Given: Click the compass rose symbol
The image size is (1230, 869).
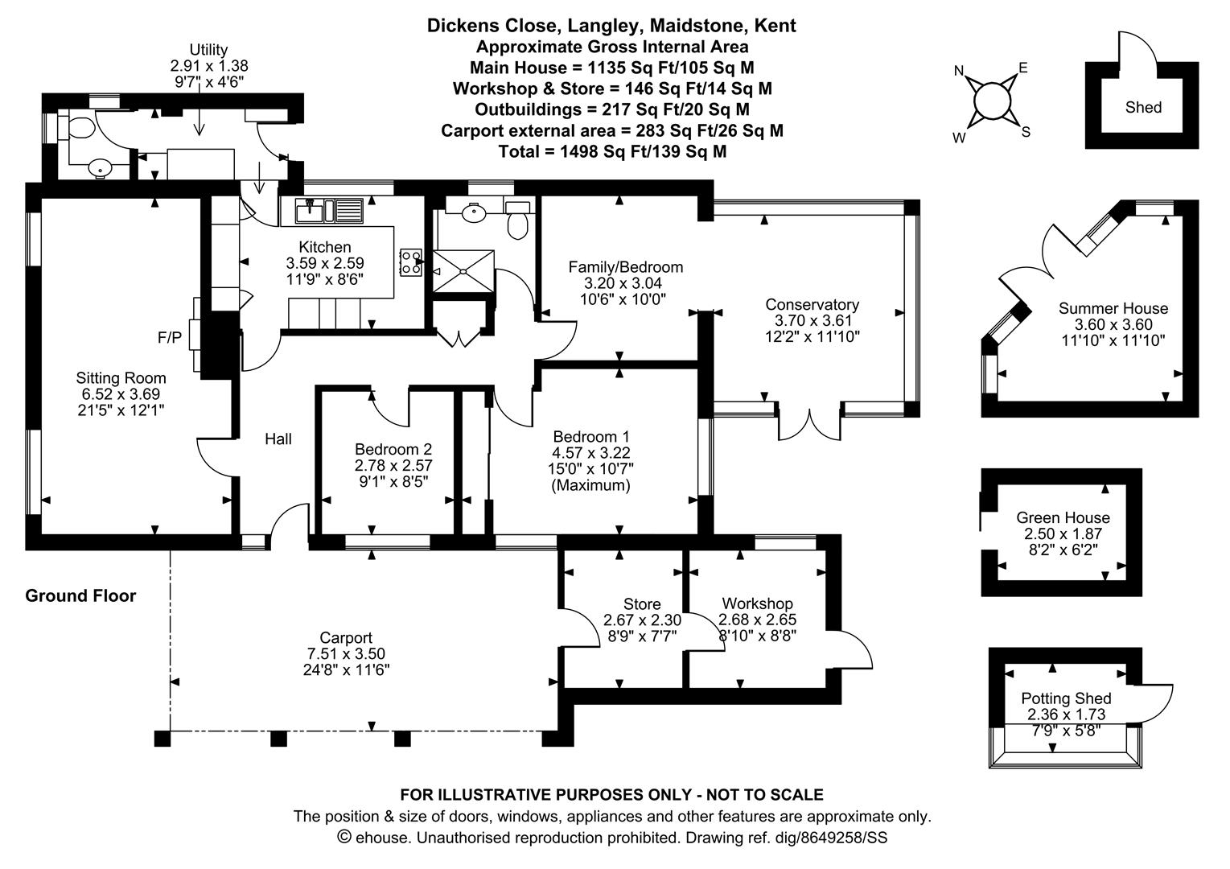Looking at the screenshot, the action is tap(992, 101).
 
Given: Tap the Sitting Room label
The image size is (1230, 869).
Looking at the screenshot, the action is tap(121, 378).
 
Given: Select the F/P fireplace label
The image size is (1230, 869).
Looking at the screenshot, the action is tap(169, 337).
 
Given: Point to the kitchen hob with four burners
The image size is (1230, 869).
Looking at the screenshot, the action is tap(411, 262).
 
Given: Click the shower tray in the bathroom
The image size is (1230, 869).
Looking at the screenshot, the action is tap(463, 271).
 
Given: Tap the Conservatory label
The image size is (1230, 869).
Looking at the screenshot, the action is tap(812, 304).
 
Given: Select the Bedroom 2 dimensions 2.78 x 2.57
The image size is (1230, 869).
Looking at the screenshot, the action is tap(393, 465).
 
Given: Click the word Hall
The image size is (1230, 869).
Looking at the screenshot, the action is tap(278, 439).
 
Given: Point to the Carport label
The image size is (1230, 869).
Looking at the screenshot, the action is tap(346, 638).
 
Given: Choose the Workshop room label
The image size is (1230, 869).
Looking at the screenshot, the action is tap(757, 603).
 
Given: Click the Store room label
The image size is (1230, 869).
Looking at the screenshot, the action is tap(642, 604).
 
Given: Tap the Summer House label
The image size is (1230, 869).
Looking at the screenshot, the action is tap(1113, 308).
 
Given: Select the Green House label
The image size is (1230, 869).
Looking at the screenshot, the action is tap(1063, 517).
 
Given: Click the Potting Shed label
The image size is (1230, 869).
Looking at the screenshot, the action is tap(1066, 698).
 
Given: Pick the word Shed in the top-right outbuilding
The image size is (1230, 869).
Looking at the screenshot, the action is tap(1143, 107).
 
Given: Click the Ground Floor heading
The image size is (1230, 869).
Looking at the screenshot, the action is tap(80, 595).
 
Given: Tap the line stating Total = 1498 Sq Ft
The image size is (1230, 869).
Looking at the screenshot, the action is tap(612, 151).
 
